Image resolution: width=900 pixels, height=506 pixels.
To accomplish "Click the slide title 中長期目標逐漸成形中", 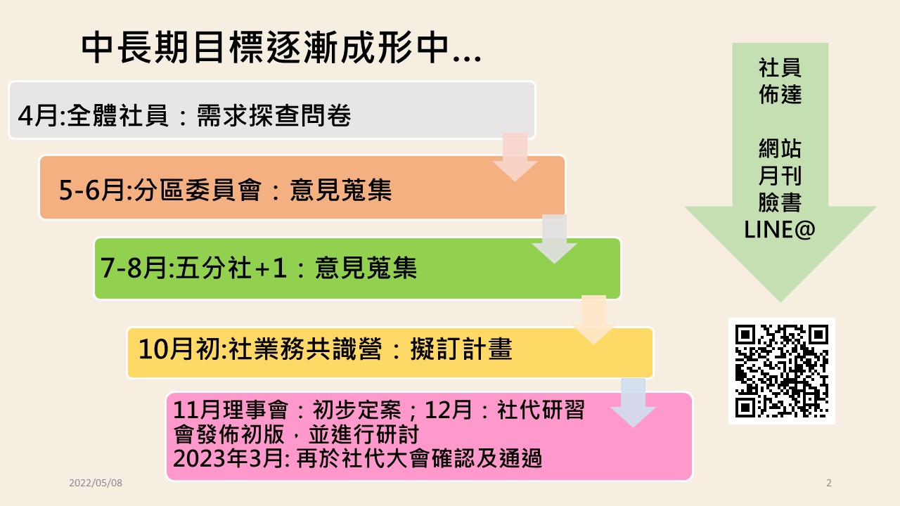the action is coord(265,48).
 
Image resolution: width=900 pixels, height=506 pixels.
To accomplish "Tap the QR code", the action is coord(781,371).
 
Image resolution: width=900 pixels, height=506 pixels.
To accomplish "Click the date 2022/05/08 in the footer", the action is coord(96,483).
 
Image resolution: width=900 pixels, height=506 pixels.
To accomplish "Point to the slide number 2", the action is coord(829,483).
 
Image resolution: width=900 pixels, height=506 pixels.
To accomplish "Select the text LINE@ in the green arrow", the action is coord(780,230).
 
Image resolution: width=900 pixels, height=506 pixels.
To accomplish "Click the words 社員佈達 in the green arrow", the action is coord(780,81).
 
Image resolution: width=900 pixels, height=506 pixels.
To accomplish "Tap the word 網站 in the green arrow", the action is coord(780,148).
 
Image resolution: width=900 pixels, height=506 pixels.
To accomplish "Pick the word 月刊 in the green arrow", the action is coord(780,176).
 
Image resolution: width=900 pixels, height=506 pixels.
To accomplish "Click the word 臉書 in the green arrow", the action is coord(780,202).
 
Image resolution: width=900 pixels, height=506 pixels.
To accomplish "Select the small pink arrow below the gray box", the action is coord(515,157).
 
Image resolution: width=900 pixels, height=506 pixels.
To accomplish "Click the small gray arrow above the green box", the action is coord(555,239).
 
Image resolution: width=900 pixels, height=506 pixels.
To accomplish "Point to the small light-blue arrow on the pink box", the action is coord(634,403).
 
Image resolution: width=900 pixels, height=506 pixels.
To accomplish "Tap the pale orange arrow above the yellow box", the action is coord(594,320).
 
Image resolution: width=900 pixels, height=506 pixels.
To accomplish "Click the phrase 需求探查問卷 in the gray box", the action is coord(274,116).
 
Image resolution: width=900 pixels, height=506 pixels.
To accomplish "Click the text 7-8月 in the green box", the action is coord(134,268).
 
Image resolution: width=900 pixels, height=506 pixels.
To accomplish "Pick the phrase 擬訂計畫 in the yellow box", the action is coord(462,349).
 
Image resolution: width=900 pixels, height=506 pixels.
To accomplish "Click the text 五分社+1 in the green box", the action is coord(231,268).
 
